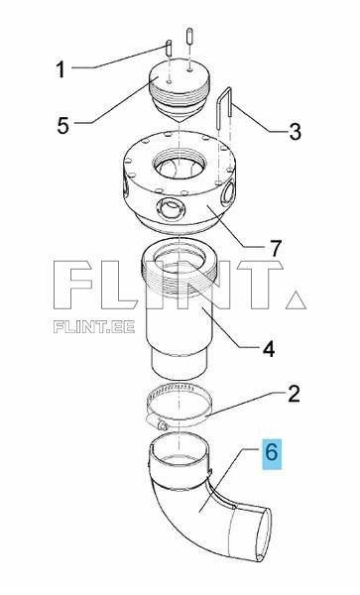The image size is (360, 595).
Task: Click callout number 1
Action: click(60, 70)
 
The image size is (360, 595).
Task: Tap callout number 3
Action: click(294, 130)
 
